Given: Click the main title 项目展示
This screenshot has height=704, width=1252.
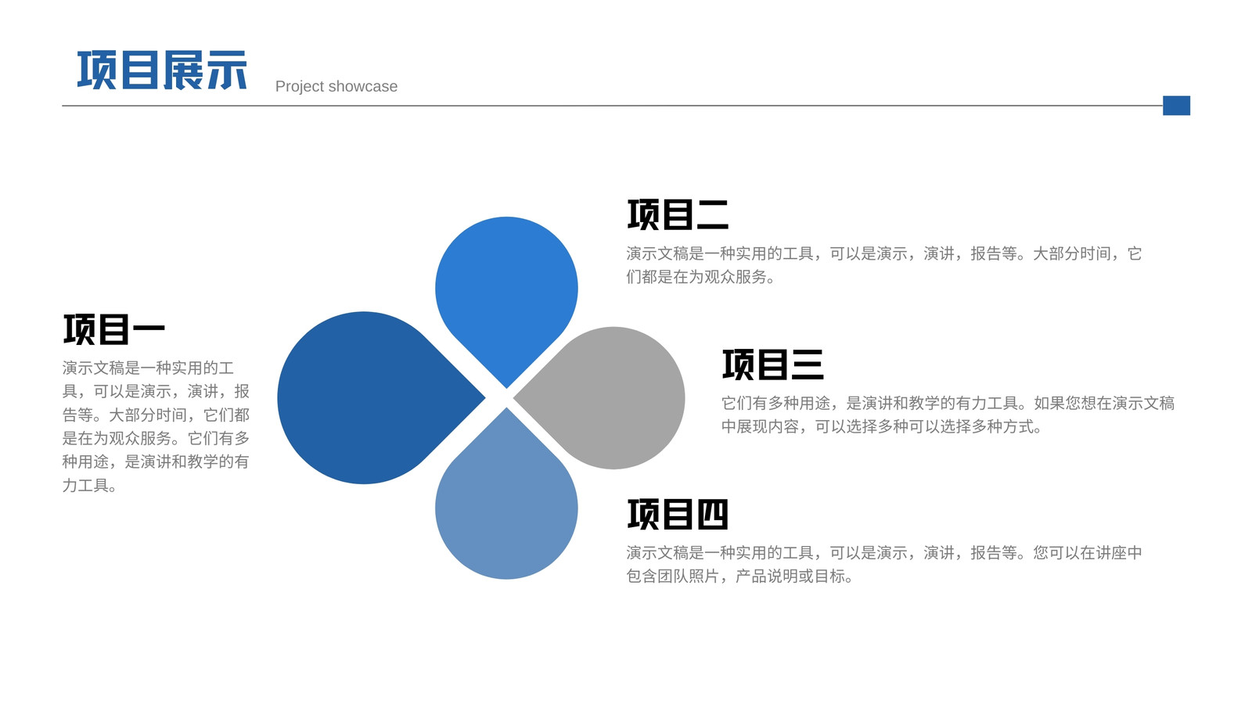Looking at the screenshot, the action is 162,70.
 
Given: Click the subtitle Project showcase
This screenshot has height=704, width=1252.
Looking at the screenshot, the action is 336,87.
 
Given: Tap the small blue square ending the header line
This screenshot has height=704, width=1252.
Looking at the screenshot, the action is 1176,106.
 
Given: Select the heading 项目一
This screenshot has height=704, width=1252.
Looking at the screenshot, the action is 114,329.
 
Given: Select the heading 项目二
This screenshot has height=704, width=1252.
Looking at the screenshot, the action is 678,214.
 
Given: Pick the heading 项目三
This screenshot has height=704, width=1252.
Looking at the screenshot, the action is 773,365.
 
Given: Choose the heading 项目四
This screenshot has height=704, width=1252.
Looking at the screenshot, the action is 678,514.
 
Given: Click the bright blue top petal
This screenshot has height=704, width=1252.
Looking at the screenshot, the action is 506,290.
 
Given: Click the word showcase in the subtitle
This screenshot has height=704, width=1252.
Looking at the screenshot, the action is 363,87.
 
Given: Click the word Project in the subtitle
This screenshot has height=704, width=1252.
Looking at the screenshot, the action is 300,87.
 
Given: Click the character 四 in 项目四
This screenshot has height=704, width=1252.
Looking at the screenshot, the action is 713,515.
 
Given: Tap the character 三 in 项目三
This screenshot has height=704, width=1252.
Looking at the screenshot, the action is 808,365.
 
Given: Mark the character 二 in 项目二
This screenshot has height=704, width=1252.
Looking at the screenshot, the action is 713,215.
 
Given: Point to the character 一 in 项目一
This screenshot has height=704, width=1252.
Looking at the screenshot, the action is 149,329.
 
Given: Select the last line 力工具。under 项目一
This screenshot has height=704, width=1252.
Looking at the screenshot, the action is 90,486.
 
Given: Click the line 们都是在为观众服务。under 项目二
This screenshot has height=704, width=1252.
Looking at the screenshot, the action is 701,277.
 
